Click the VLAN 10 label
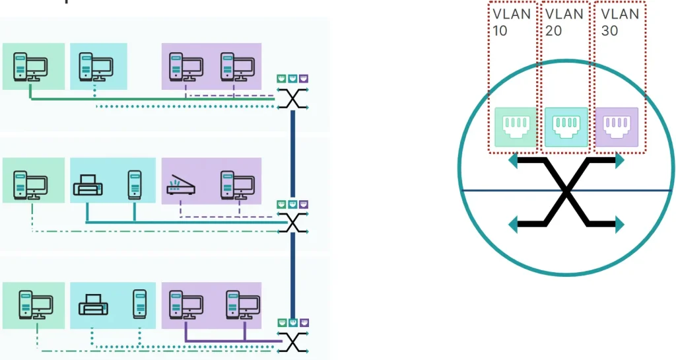coord(511,22)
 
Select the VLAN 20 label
coord(564,22)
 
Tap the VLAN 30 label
coord(619,22)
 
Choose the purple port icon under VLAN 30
coord(617,127)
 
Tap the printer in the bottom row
coord(92,305)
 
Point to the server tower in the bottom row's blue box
coord(139,304)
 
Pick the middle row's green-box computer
coord(30,186)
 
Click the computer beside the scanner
coord(238,186)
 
